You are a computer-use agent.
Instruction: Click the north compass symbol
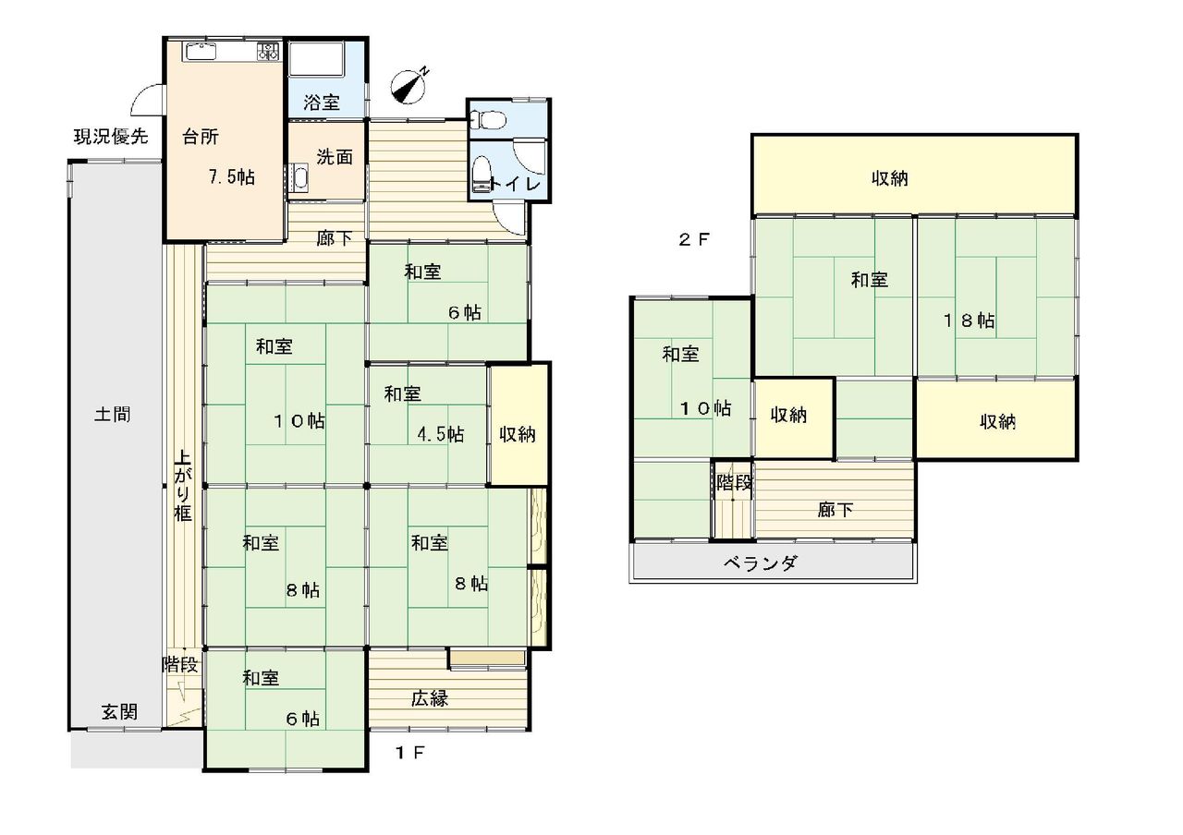click(x=409, y=86)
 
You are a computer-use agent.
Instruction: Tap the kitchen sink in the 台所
click(x=201, y=52)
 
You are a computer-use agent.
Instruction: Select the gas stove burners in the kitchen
click(x=268, y=51)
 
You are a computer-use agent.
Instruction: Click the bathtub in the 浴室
click(x=316, y=58)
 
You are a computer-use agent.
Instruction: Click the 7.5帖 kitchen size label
click(x=232, y=176)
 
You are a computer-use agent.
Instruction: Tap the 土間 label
click(x=113, y=415)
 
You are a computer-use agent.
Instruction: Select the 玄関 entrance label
click(x=120, y=712)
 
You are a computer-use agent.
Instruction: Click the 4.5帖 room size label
click(x=441, y=434)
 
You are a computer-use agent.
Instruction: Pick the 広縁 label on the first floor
click(x=430, y=699)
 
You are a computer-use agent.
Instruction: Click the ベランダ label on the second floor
click(x=760, y=563)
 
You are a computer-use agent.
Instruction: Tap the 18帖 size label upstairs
click(x=970, y=321)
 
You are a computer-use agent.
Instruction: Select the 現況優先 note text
click(x=110, y=137)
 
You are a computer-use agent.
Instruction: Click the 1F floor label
click(x=410, y=753)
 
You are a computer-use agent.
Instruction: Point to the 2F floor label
click(x=694, y=240)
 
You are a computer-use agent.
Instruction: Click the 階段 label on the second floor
click(x=734, y=482)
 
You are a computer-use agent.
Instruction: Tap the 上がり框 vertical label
click(x=183, y=485)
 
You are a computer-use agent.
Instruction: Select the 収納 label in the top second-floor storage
click(x=890, y=178)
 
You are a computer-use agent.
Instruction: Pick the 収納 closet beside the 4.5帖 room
click(x=518, y=424)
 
